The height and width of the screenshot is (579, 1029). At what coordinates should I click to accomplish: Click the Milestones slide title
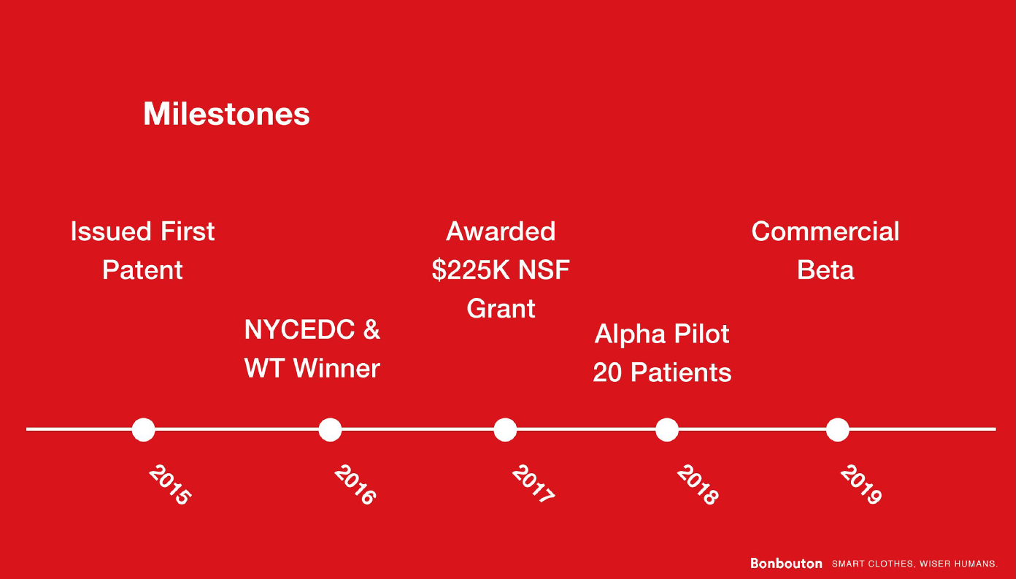(x=226, y=113)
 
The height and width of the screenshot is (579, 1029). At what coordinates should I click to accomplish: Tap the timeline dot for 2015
(x=143, y=429)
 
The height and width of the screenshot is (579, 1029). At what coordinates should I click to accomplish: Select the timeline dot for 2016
(x=330, y=429)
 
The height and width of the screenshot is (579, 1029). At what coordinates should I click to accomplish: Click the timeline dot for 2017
(x=505, y=429)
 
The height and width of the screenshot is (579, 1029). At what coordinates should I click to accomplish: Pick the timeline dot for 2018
(x=666, y=429)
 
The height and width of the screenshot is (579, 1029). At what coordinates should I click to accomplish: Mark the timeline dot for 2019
(x=838, y=429)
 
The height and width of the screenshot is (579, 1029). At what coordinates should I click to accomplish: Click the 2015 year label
(x=170, y=485)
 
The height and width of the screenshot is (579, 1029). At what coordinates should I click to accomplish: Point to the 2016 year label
(x=355, y=485)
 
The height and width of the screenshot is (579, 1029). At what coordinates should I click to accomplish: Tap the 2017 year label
(x=533, y=484)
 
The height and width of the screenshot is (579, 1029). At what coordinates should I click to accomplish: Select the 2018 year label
(x=698, y=485)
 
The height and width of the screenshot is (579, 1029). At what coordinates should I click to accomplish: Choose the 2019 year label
(x=861, y=485)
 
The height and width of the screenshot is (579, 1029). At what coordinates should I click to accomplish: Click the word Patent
(x=142, y=269)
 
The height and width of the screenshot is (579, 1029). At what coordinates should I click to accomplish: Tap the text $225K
(x=471, y=269)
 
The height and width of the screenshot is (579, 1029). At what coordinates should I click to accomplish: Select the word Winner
(x=336, y=368)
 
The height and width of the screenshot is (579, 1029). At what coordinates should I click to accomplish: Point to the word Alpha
(x=626, y=334)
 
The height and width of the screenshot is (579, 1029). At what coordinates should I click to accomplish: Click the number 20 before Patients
(x=607, y=372)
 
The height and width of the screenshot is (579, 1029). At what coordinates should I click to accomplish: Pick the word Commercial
(x=825, y=231)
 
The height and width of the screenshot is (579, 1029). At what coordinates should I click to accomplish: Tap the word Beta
(x=825, y=269)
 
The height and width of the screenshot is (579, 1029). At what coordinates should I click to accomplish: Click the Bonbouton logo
(x=786, y=564)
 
